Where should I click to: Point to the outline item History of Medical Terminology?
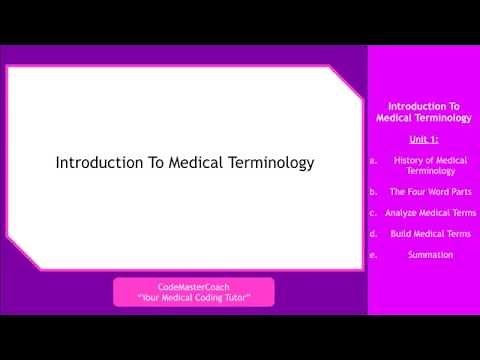pyautogui.click(x=430, y=166)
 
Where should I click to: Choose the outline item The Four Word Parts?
pyautogui.click(x=430, y=191)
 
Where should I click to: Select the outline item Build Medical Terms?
pyautogui.click(x=430, y=233)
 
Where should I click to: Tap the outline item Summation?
pyautogui.click(x=430, y=254)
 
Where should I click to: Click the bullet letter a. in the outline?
pyautogui.click(x=373, y=160)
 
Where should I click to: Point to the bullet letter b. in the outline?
pyautogui.click(x=373, y=191)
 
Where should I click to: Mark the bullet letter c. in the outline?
pyautogui.click(x=373, y=212)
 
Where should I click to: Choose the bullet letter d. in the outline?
pyautogui.click(x=373, y=233)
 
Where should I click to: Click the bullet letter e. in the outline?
pyautogui.click(x=373, y=254)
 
